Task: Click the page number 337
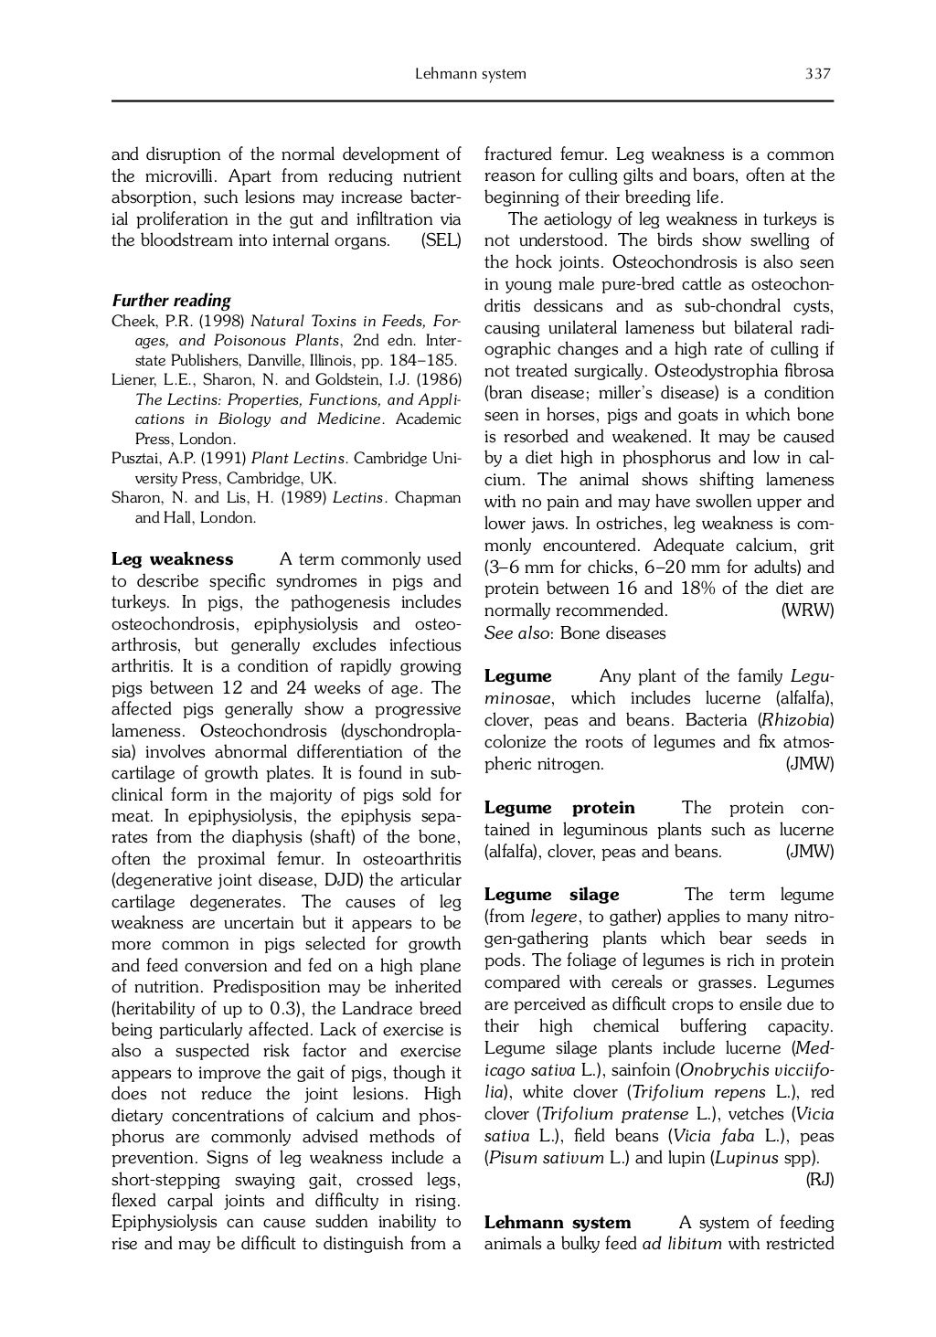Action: click(x=817, y=74)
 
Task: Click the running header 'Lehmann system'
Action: click(x=471, y=74)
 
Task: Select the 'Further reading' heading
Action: click(x=171, y=301)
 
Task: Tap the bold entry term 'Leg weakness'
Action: click(x=172, y=559)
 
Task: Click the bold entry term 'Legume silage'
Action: click(x=551, y=895)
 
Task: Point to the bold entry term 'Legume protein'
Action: click(x=558, y=808)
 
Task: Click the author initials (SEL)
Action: click(x=441, y=241)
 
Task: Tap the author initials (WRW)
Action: click(x=808, y=610)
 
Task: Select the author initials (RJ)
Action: click(x=819, y=1180)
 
